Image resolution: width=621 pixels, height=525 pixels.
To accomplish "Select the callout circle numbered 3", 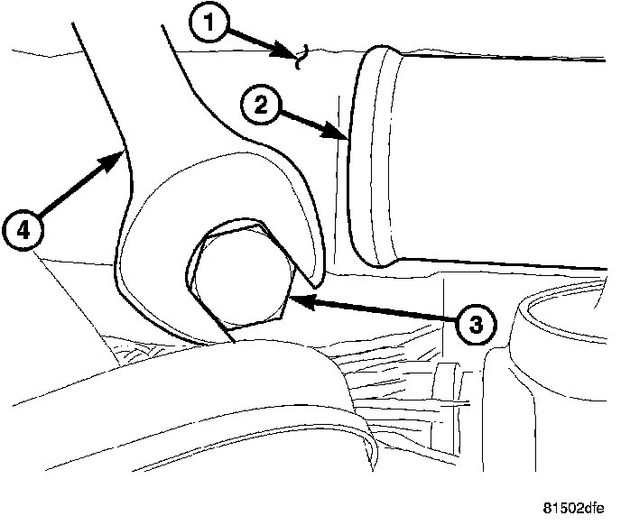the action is tap(476, 323).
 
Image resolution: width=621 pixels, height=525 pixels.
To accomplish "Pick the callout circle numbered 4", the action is tap(23, 231).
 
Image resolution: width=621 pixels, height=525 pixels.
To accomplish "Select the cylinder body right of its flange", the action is tap(505, 162).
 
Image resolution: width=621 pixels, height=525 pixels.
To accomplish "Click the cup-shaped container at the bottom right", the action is tap(551, 379).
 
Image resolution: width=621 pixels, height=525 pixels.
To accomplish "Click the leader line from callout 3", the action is tap(379, 310).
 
